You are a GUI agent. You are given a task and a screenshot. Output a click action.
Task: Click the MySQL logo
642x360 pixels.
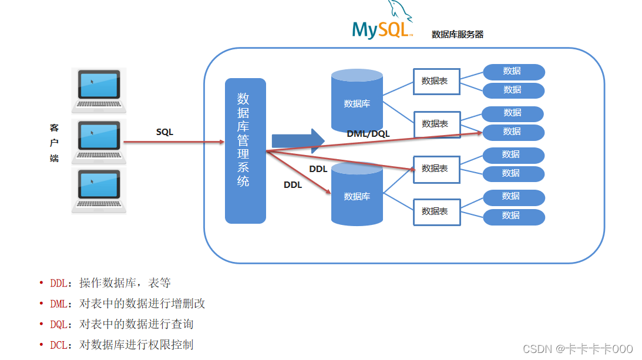(x=382, y=23)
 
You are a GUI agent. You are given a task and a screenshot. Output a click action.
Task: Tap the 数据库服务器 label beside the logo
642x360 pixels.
(x=457, y=35)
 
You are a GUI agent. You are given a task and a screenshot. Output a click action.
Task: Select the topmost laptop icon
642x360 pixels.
(x=99, y=90)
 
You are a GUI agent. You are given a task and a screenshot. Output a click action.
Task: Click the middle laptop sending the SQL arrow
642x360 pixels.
(x=99, y=142)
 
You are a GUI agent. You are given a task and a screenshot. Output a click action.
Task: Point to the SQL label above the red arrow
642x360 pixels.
(x=164, y=132)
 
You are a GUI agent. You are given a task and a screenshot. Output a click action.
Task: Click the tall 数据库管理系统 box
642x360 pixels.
(x=245, y=151)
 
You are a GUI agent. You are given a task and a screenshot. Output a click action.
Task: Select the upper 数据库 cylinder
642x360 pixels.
(x=357, y=102)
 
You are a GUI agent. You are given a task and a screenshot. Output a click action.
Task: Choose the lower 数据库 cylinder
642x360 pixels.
(x=357, y=195)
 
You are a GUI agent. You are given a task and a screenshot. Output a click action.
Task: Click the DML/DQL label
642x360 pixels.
(x=368, y=134)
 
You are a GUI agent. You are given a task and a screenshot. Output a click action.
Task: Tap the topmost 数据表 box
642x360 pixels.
(x=436, y=81)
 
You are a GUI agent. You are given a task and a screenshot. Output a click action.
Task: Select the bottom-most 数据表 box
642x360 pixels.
(x=436, y=211)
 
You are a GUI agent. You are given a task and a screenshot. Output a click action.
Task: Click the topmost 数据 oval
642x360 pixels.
(x=513, y=72)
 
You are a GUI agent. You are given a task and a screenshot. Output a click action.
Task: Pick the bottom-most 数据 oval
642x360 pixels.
(x=513, y=216)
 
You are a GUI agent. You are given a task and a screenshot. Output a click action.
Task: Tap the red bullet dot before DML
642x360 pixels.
(x=41, y=304)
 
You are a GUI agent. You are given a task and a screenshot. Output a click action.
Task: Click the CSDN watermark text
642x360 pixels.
(x=577, y=349)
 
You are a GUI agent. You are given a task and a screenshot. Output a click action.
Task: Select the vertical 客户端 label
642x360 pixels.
(x=54, y=143)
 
